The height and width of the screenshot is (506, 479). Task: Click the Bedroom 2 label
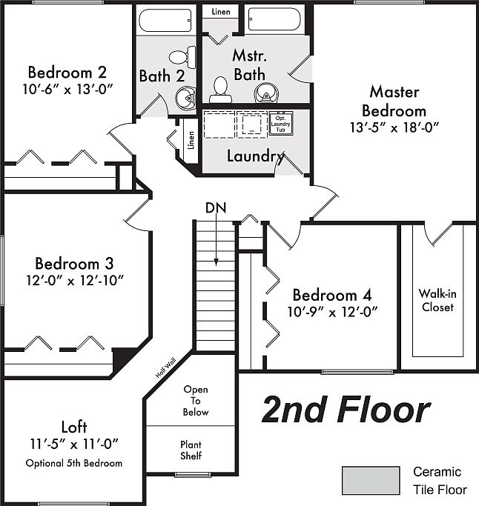pyautogui.click(x=67, y=73)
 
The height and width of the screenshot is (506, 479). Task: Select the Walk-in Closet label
pyautogui.click(x=437, y=300)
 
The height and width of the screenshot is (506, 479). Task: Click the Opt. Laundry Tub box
pyautogui.click(x=280, y=122)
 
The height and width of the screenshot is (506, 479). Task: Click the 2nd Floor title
pyautogui.click(x=346, y=410)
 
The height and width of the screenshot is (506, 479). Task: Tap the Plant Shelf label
pyautogui.click(x=191, y=450)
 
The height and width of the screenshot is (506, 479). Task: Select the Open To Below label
pyautogui.click(x=196, y=400)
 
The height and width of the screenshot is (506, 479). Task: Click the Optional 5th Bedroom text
pyautogui.click(x=73, y=463)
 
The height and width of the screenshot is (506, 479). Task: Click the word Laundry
pyautogui.click(x=255, y=156)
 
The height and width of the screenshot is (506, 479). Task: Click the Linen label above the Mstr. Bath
pyautogui.click(x=220, y=11)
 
